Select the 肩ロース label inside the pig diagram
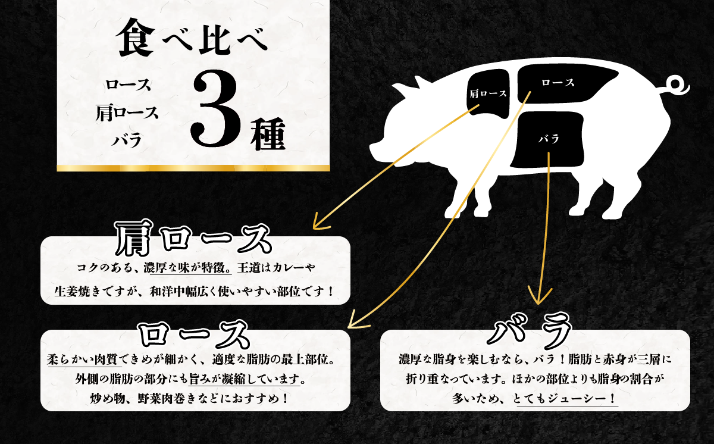pos(488,93)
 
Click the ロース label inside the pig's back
pos(558,83)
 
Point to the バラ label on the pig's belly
pos(548,139)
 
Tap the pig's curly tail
pos(678,87)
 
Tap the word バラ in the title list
pos(127,141)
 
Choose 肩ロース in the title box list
pos(127,113)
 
